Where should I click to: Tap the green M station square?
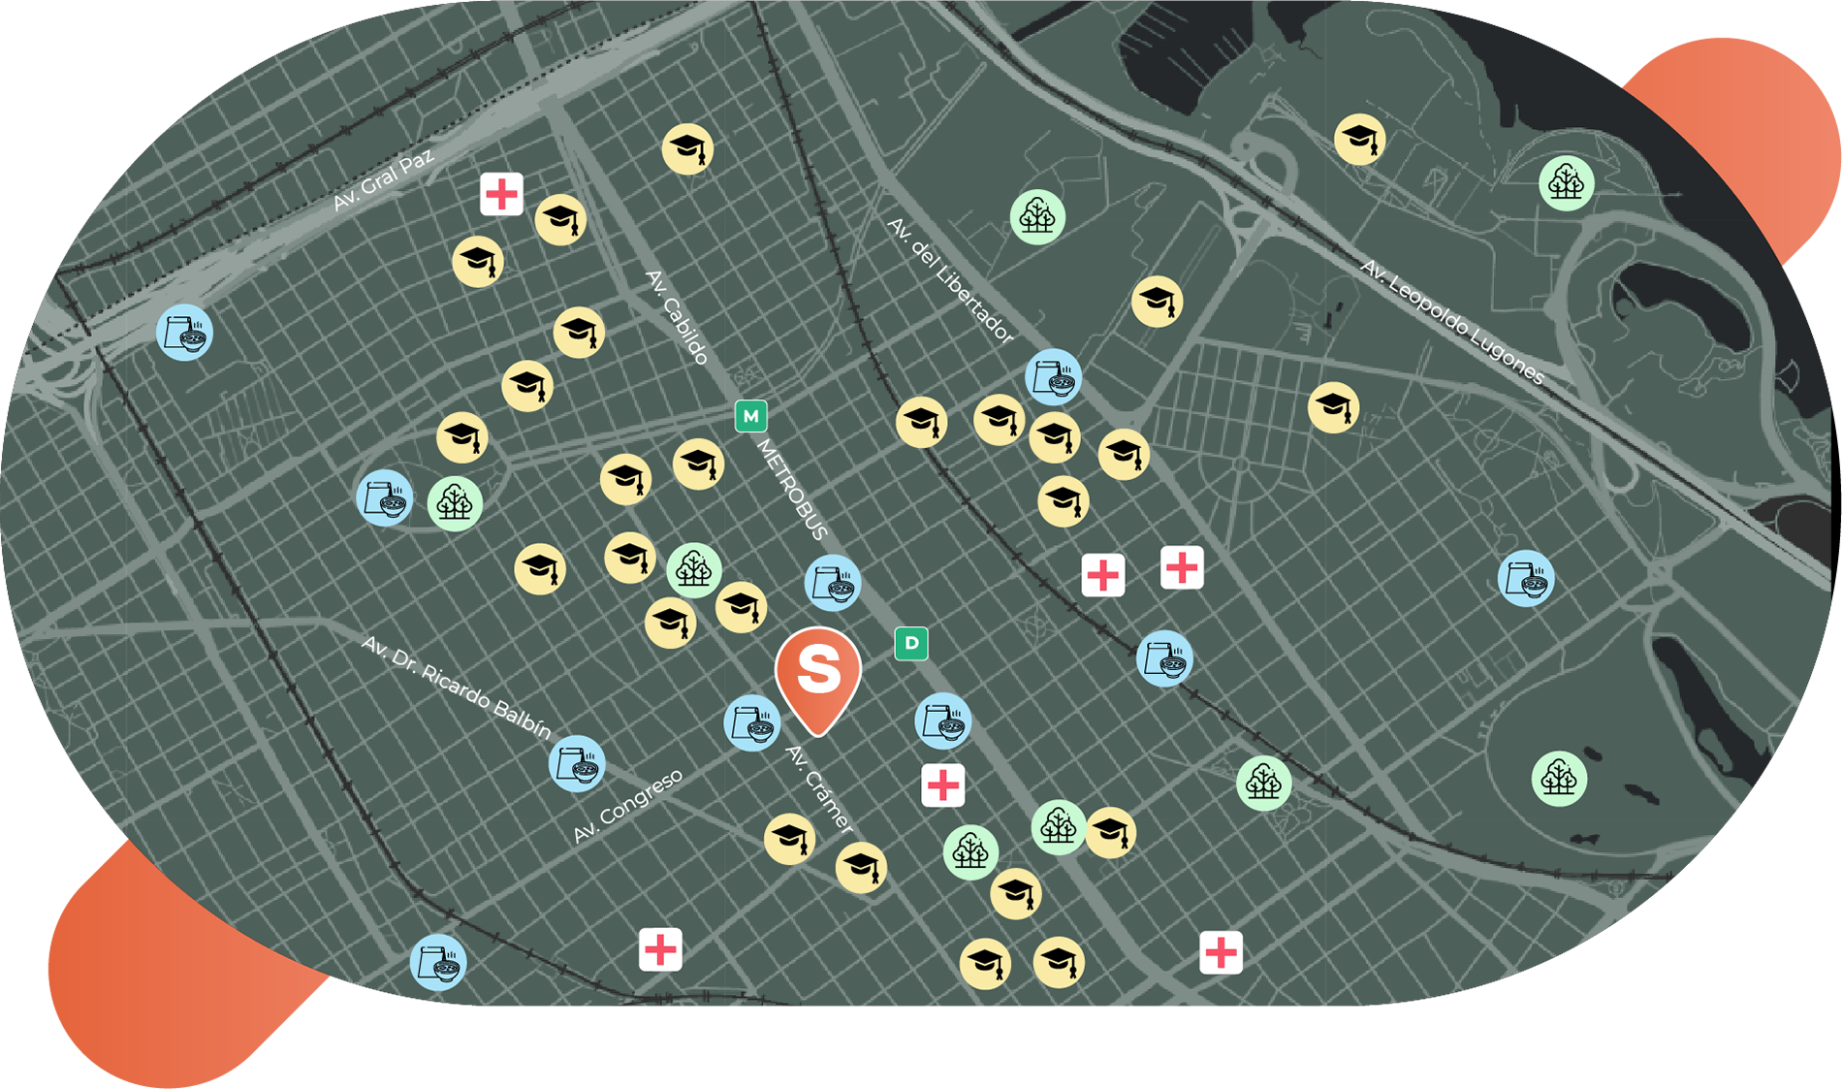750,416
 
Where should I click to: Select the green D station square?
911,643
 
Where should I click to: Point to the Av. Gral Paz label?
383,180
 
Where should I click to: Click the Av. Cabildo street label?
678,317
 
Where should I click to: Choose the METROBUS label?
792,490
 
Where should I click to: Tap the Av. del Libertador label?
950,281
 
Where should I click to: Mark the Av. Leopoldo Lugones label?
1451,322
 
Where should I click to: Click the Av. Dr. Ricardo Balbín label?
456,688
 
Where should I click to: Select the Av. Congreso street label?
627,806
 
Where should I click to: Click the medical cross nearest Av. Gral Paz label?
501,194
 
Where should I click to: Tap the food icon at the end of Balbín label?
577,764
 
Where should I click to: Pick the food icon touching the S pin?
751,722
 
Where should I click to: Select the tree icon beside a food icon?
455,503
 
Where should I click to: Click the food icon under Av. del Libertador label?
1053,377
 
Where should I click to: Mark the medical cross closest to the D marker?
942,785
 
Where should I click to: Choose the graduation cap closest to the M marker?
698,464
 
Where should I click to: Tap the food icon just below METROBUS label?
833,583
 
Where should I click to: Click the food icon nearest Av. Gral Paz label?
184,333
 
